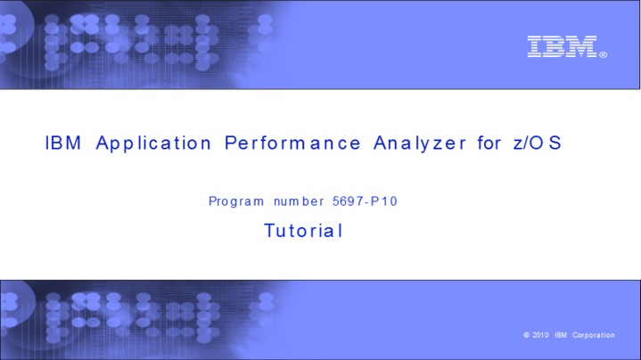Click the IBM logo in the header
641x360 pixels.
[x=563, y=46]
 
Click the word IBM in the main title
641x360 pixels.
[x=63, y=143]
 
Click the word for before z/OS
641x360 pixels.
[x=489, y=143]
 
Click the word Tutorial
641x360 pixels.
[x=303, y=231]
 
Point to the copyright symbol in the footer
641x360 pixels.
[x=528, y=335]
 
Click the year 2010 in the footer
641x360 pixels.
[x=541, y=335]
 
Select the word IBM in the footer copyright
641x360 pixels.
[x=561, y=335]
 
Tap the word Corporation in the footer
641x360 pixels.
[x=594, y=335]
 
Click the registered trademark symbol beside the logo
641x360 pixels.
[x=604, y=55]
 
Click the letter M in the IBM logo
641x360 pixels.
[x=582, y=46]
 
